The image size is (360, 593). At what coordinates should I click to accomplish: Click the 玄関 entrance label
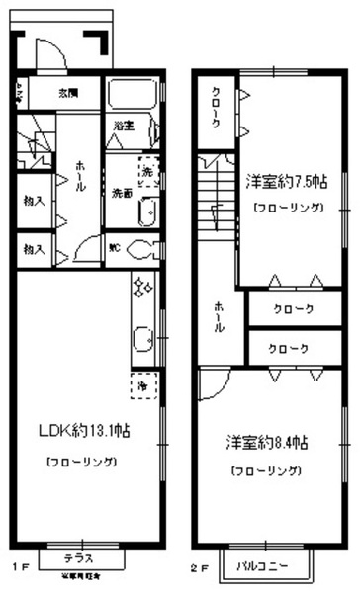coord(68,94)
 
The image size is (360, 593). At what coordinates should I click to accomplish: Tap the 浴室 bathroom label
coord(123,127)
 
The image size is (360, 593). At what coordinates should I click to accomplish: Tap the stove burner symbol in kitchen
coord(139,288)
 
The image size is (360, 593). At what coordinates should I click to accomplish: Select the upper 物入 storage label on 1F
coord(34,199)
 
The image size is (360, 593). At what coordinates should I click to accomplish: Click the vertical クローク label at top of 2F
coord(217,105)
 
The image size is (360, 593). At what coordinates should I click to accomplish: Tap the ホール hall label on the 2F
coord(216,318)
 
